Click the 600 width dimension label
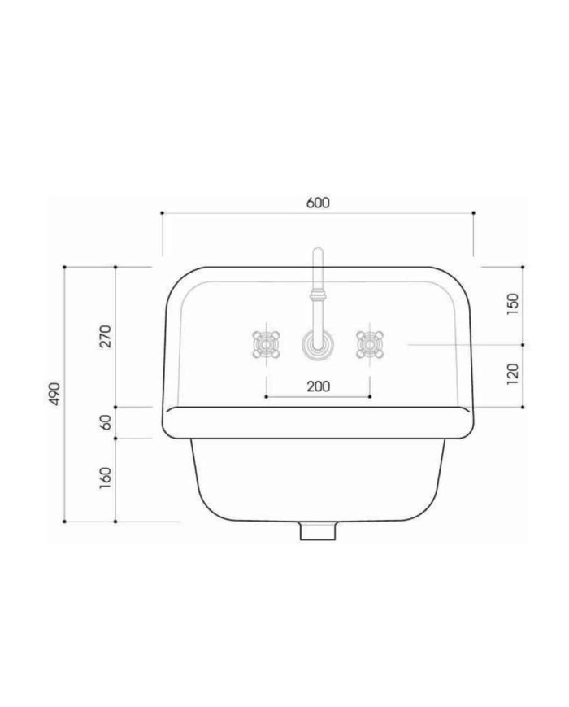(x=318, y=203)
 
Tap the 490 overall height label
(x=54, y=394)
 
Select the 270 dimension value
(x=105, y=336)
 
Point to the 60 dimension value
(x=105, y=422)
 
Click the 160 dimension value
(x=105, y=478)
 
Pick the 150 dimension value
(x=513, y=304)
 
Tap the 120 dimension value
(x=513, y=374)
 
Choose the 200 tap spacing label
(x=318, y=386)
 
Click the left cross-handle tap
(x=266, y=345)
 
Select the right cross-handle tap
(x=370, y=345)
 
